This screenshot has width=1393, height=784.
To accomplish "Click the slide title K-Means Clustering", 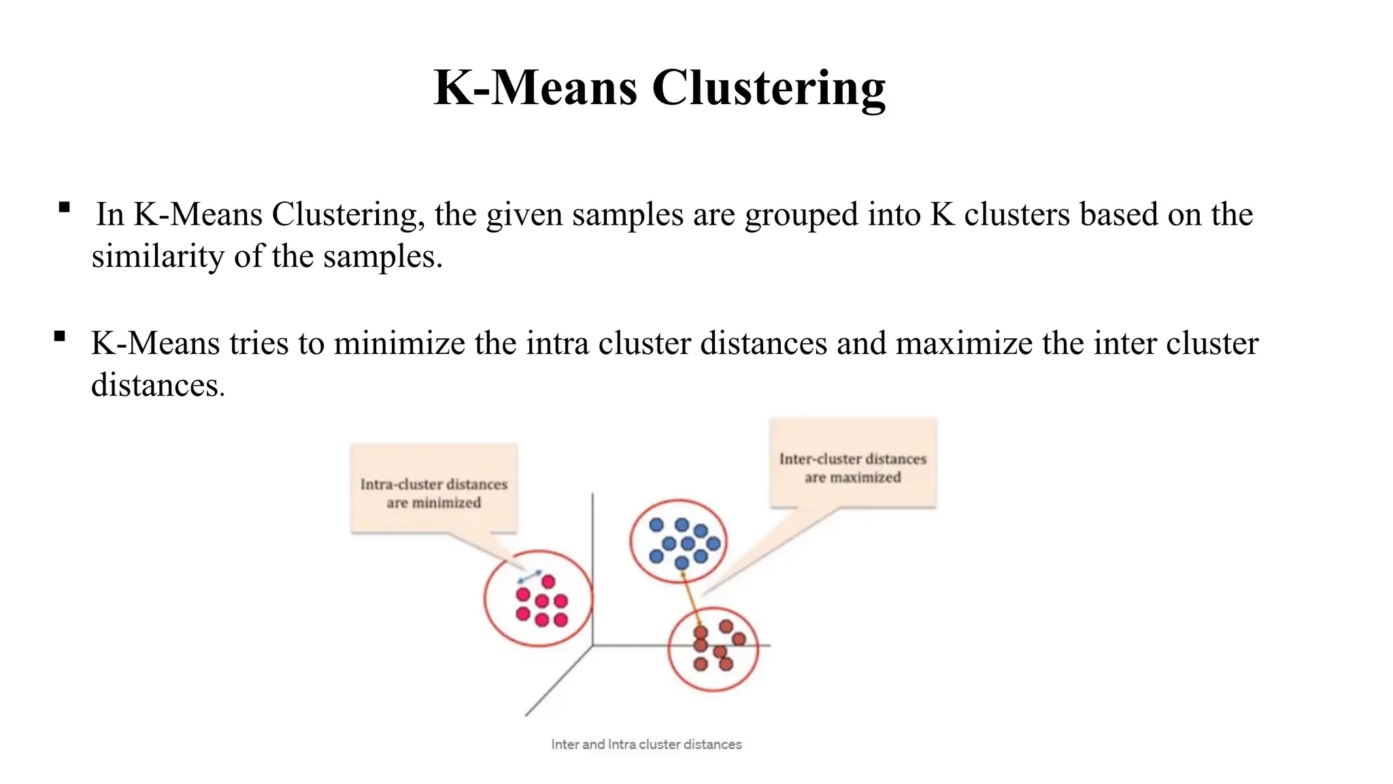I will [x=659, y=88].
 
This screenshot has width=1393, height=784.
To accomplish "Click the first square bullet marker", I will [x=65, y=208].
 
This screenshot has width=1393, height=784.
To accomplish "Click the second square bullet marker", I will [x=60, y=336].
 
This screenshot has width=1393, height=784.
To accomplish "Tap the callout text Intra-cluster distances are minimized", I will [x=434, y=493].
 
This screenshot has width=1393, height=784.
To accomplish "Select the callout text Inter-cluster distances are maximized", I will [x=853, y=468].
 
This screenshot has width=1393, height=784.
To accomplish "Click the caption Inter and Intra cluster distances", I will [x=646, y=745].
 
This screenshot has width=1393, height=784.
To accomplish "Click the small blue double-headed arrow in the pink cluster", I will [x=530, y=576].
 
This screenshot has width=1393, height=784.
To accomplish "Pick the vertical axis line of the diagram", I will [x=592, y=544].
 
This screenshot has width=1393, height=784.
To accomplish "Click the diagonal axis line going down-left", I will [x=558, y=681].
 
